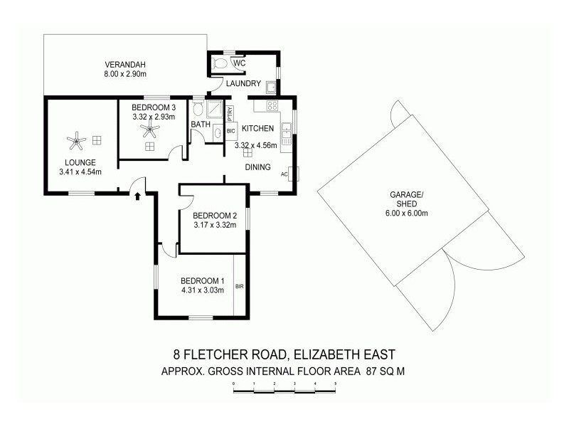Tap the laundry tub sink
tap(271, 88)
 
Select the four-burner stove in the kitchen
tap(272, 106)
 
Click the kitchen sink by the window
tap(286, 132)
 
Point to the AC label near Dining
tap(284, 174)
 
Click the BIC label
tap(230, 131)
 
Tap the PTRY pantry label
tap(230, 112)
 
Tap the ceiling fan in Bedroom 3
tap(149, 130)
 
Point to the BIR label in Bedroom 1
tap(239, 286)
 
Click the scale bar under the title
tap(284, 384)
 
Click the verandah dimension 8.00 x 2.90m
tap(124, 73)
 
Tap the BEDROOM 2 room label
tap(214, 216)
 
